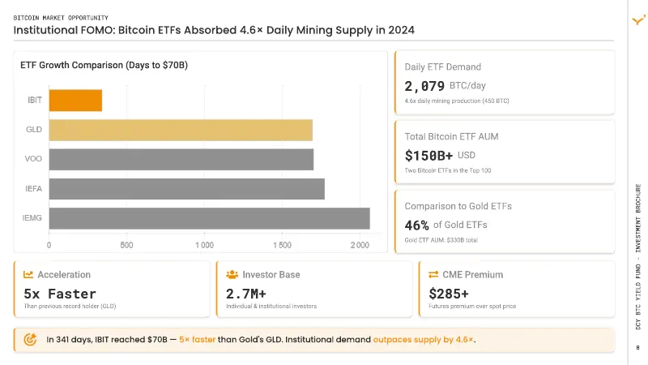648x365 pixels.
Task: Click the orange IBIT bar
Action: click(x=75, y=101)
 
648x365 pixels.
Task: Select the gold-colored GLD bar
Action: click(x=181, y=130)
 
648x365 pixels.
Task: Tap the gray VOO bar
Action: click(x=181, y=159)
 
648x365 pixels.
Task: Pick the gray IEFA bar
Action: click(x=187, y=189)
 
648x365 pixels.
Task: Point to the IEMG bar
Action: click(x=210, y=218)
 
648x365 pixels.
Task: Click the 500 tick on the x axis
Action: click(x=126, y=245)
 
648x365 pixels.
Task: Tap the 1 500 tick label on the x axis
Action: click(x=282, y=245)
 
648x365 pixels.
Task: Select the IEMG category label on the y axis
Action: click(x=32, y=218)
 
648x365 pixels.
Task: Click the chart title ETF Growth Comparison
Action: click(x=104, y=66)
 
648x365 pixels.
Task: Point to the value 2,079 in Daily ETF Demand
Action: click(x=424, y=86)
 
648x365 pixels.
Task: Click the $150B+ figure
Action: click(x=428, y=156)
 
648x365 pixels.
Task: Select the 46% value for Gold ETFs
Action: click(x=416, y=225)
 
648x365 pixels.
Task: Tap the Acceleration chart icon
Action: click(x=28, y=274)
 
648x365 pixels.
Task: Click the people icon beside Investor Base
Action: click(x=232, y=274)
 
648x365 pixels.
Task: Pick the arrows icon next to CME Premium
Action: click(x=433, y=274)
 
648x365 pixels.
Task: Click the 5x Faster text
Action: click(x=60, y=294)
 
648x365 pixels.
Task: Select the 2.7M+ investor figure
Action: click(x=246, y=294)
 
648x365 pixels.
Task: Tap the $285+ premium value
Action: click(x=449, y=294)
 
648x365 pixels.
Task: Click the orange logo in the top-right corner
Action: click(x=639, y=19)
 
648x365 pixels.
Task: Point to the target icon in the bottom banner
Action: click(x=30, y=339)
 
